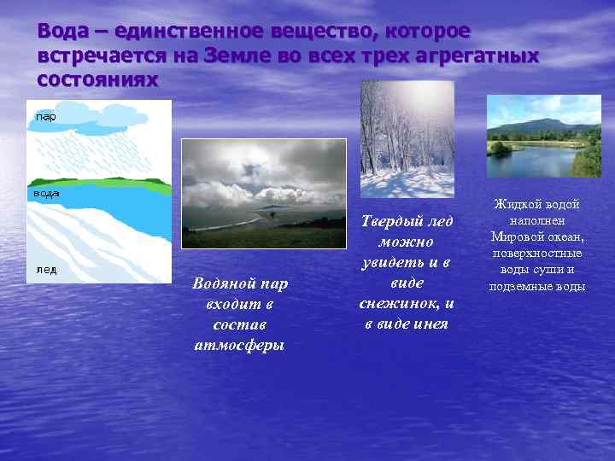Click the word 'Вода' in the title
pos(62,32)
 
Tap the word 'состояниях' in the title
pos(98,80)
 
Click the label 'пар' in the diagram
pos(45,116)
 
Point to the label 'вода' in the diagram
pos(46,194)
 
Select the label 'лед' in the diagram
pos(45,269)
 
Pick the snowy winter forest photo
pos(407,138)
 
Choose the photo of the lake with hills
pos(543,136)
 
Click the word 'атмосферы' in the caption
pos(240,345)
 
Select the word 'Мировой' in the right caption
pos(514,237)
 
